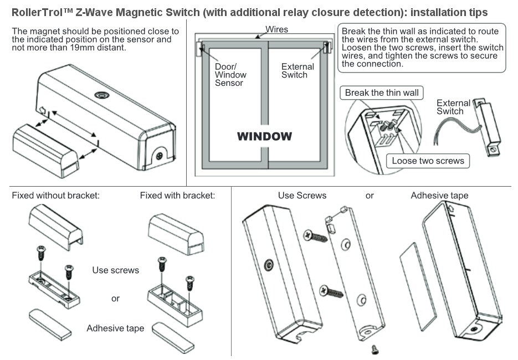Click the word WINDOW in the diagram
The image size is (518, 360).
(x=264, y=136)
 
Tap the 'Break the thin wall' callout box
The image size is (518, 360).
(x=382, y=92)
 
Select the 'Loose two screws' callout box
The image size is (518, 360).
(x=428, y=161)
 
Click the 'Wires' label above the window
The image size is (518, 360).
(x=276, y=29)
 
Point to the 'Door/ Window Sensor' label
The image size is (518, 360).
(x=230, y=75)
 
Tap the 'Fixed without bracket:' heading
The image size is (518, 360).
(x=55, y=196)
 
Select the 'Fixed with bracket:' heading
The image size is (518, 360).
(x=177, y=196)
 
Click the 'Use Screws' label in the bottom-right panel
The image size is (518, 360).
(x=302, y=196)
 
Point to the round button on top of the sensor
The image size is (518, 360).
(x=101, y=95)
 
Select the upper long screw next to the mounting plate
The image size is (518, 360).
(x=316, y=236)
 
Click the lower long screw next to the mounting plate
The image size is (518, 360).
(x=331, y=290)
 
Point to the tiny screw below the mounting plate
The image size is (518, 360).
(x=375, y=348)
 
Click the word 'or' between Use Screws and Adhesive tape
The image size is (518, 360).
(x=370, y=196)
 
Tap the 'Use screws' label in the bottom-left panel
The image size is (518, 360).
(x=115, y=270)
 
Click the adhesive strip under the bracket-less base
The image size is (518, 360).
(x=49, y=324)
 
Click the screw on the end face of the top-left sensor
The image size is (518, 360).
(x=160, y=156)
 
